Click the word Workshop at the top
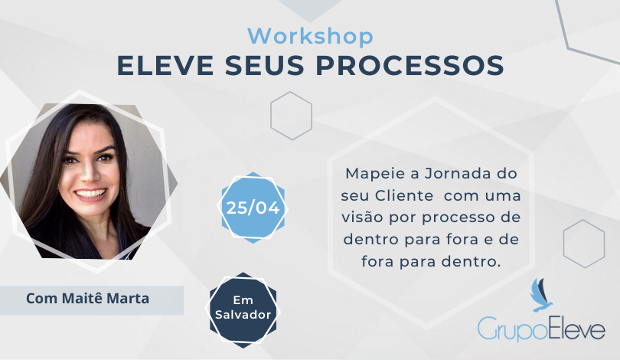[x=311, y=37]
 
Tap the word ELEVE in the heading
[x=165, y=65]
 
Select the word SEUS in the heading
[x=265, y=65]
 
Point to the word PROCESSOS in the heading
[x=410, y=65]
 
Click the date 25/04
[x=253, y=208]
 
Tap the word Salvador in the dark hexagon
[x=243, y=315]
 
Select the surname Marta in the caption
[x=128, y=298]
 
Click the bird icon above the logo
[x=540, y=295]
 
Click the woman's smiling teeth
[x=90, y=194]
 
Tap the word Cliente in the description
[x=404, y=196]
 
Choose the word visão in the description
[x=363, y=218]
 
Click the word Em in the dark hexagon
[x=243, y=300]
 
